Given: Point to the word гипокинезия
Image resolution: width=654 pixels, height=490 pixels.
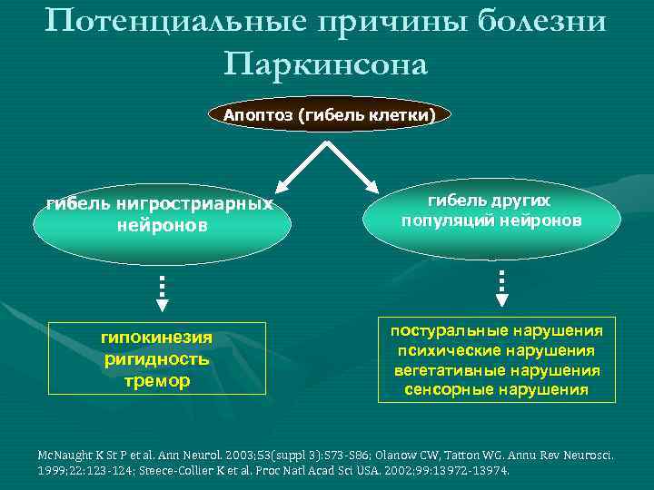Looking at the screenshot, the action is [156, 338].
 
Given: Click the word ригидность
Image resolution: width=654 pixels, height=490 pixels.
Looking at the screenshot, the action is [156, 358].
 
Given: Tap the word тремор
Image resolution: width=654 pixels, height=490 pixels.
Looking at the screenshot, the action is [156, 380].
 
